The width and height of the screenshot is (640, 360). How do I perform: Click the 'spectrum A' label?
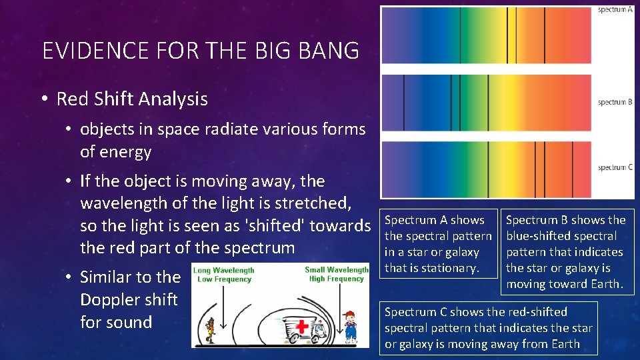[x=615, y=10]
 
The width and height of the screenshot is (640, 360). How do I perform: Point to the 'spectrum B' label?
[x=615, y=102]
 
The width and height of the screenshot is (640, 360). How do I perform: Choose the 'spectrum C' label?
[x=615, y=167]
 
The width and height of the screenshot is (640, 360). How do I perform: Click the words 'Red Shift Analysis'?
[x=132, y=99]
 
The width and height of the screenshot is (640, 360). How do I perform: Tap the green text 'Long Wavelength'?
[x=223, y=270]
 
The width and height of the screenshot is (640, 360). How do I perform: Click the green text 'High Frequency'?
[x=337, y=279]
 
